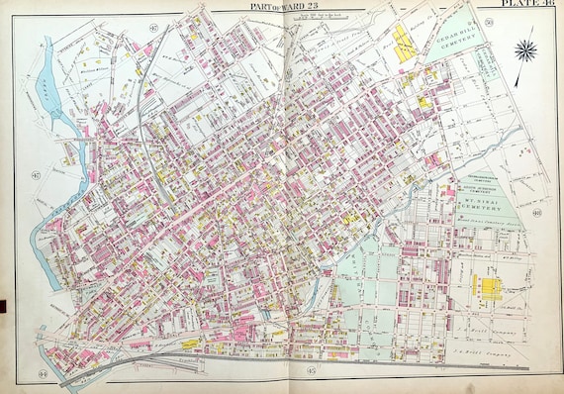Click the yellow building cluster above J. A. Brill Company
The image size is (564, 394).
pyautogui.click(x=486, y=288)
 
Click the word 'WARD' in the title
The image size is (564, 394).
pyautogui.click(x=292, y=6)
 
